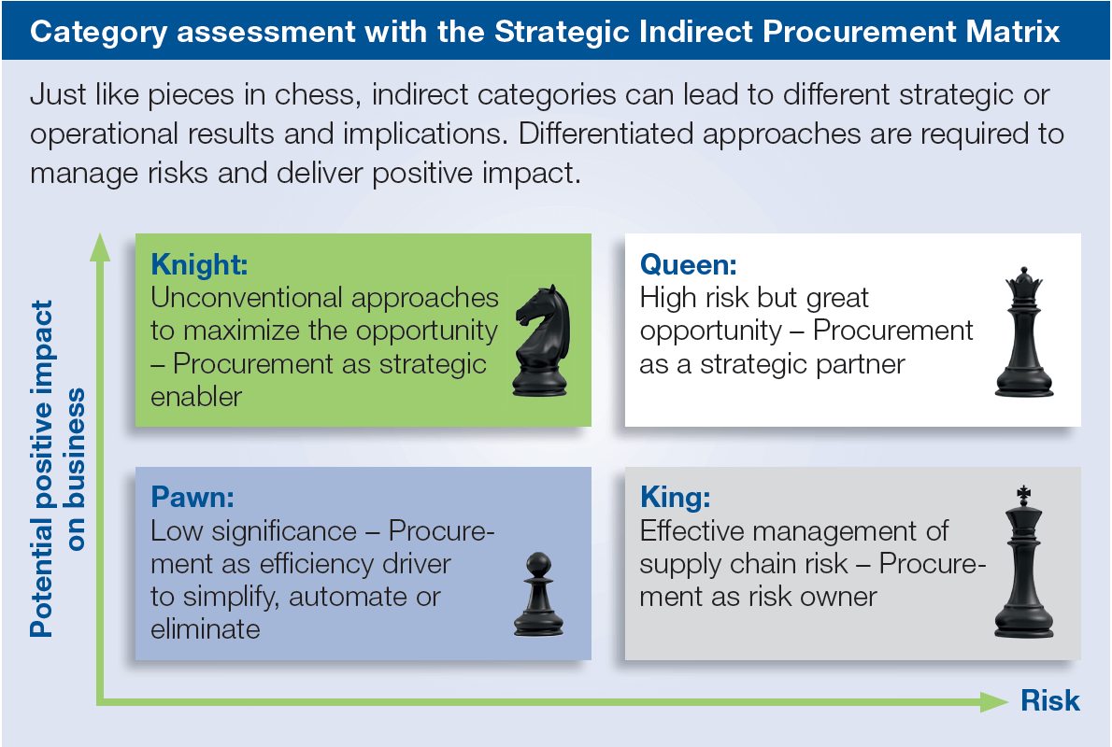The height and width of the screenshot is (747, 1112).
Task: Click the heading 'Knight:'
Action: pos(199,264)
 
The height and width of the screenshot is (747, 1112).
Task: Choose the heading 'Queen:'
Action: pos(688,264)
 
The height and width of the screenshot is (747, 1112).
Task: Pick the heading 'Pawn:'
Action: pos(192,497)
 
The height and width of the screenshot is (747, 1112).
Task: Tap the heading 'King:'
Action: pos(675,497)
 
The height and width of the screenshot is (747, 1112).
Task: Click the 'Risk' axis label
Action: pos(1049,700)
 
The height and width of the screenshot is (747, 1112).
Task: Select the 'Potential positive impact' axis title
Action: pos(41,469)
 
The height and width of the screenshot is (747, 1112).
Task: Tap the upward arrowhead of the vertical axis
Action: pos(100,247)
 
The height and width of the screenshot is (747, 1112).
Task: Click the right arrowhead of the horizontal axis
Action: pos(993,701)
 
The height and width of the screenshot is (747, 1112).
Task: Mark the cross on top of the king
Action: pos(1023,495)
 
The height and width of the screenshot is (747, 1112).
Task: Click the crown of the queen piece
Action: pos(1023,283)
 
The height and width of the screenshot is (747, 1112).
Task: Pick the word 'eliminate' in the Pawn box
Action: pos(205,628)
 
